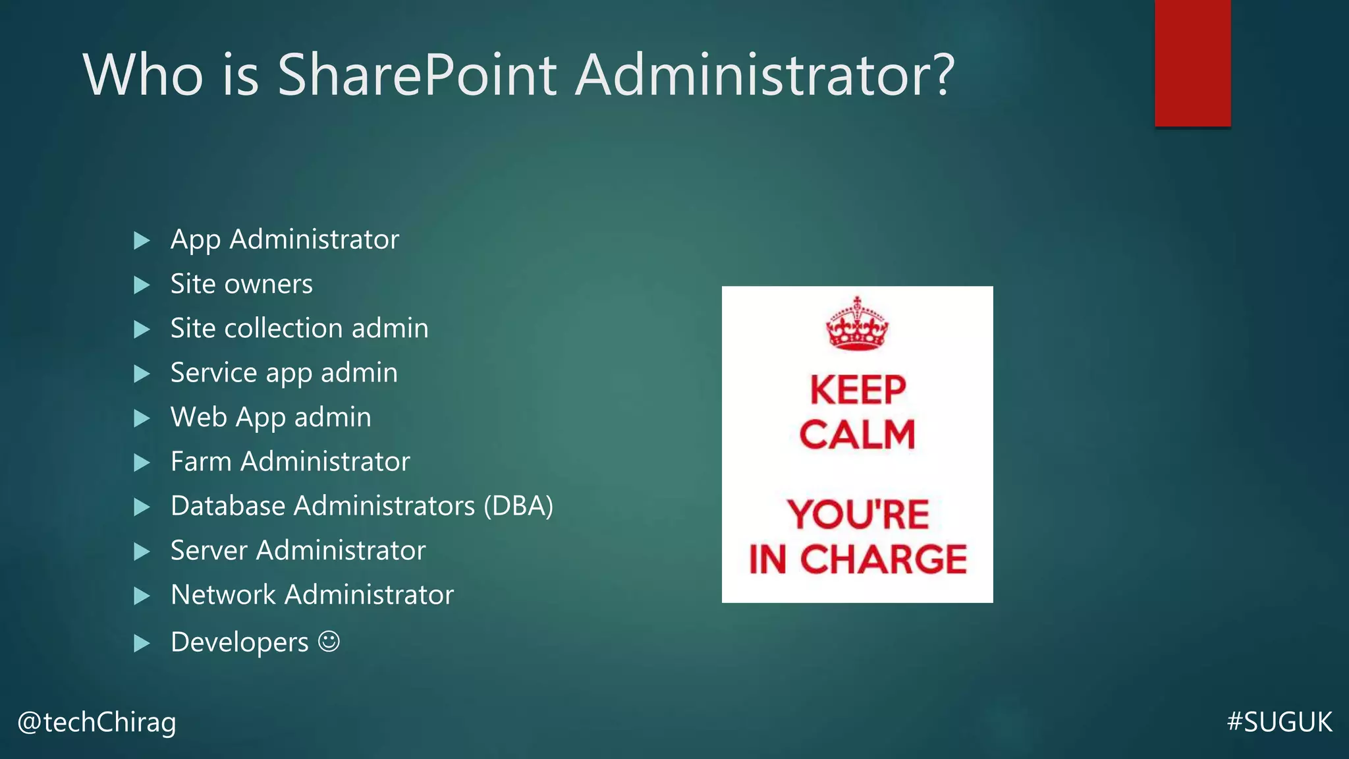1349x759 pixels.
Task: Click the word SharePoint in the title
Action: (x=418, y=76)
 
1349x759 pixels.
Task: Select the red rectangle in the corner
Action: (x=1192, y=63)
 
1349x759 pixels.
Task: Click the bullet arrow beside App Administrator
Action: (x=142, y=240)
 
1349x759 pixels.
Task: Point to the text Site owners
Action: (x=241, y=284)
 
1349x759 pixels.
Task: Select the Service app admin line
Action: (x=284, y=373)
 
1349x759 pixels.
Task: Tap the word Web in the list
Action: (x=198, y=417)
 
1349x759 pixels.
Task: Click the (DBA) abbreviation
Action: (x=518, y=506)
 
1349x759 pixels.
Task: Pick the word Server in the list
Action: (x=209, y=550)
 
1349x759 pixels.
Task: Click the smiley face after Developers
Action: (x=329, y=641)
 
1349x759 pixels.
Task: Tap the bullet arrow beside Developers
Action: (x=142, y=643)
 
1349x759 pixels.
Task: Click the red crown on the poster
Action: (x=857, y=323)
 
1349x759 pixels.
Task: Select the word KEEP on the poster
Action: (x=858, y=390)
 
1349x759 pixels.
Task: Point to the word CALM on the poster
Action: (x=857, y=435)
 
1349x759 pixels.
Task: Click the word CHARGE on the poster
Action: (x=883, y=559)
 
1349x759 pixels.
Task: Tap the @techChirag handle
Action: (x=97, y=722)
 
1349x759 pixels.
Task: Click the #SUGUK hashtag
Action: (x=1279, y=722)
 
